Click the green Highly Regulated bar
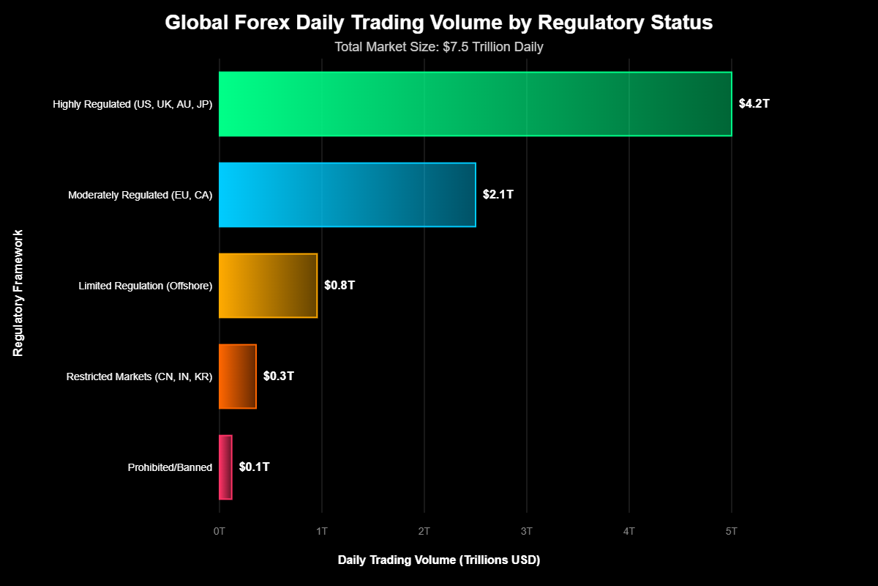click(475, 104)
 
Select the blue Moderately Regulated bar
click(347, 195)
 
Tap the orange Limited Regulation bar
click(268, 286)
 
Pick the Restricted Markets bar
click(237, 377)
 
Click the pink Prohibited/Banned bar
click(225, 467)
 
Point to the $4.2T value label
click(754, 104)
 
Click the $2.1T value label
click(498, 195)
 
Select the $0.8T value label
click(339, 286)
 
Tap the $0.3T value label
click(278, 377)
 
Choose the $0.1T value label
click(254, 467)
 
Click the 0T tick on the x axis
click(219, 530)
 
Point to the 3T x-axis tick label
click(526, 530)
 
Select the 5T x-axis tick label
click(731, 530)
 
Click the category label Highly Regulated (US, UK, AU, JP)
click(132, 104)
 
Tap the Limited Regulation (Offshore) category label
click(145, 286)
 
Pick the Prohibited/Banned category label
click(170, 467)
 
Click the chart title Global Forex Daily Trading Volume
click(438, 23)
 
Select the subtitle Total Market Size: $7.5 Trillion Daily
click(438, 47)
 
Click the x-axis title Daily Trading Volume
click(438, 560)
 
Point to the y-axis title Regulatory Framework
click(18, 293)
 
